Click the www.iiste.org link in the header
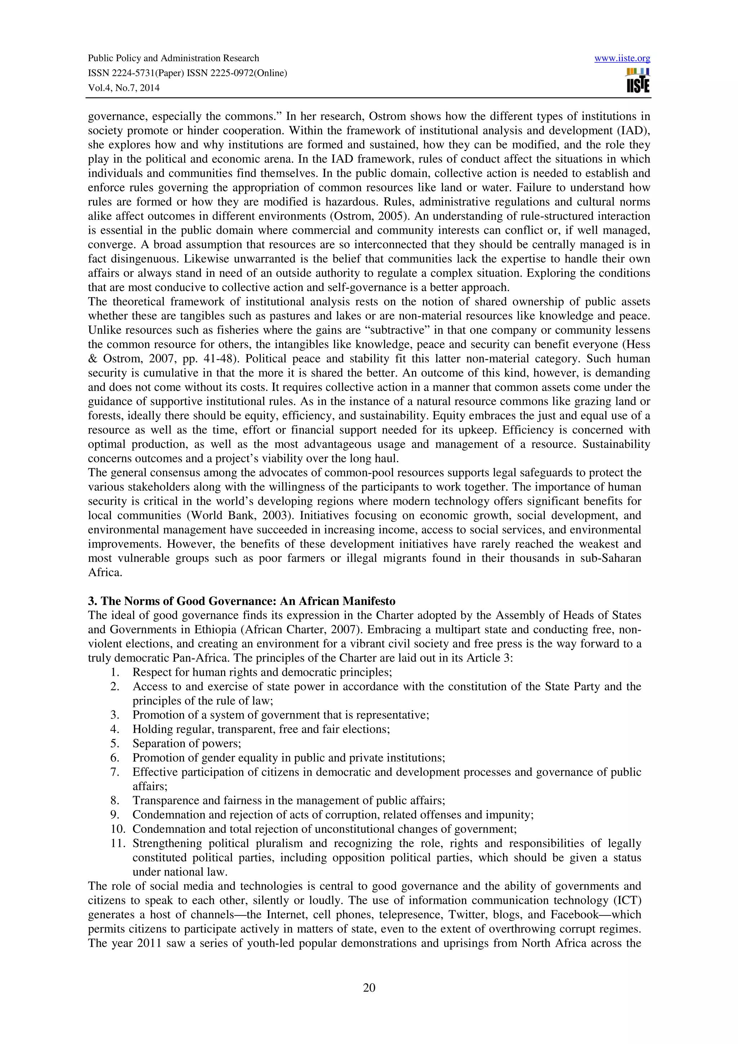click(622, 58)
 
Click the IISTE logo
click(637, 81)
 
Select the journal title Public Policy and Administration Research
click(173, 58)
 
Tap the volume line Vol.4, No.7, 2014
click(124, 88)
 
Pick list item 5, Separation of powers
click(186, 744)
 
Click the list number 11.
click(117, 843)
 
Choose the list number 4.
click(115, 730)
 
